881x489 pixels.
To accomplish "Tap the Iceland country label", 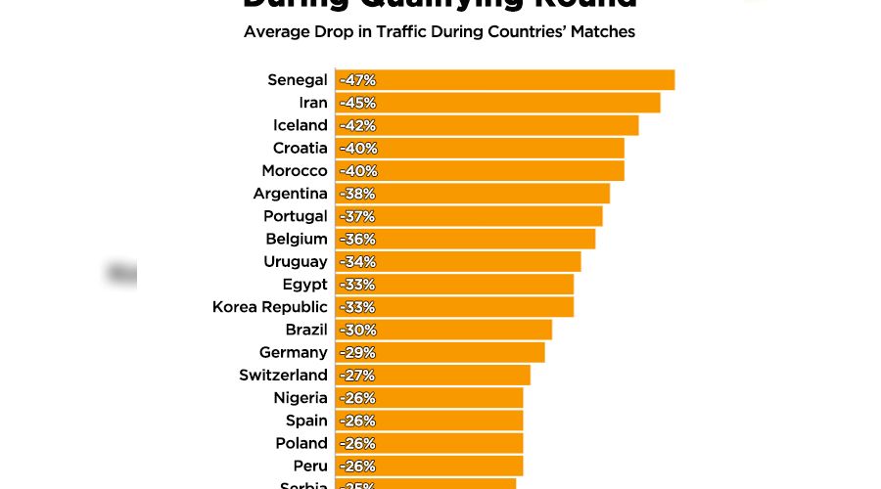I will (x=300, y=125).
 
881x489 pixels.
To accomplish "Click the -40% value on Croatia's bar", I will (x=357, y=149).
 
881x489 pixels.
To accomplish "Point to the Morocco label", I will (x=295, y=171).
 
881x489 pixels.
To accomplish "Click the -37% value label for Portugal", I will (x=357, y=216).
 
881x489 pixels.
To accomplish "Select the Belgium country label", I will (x=296, y=239).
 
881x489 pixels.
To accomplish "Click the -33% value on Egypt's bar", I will (x=357, y=285).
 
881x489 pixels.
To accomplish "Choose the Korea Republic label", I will (x=269, y=307).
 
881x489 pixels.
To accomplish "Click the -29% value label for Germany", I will (x=357, y=352).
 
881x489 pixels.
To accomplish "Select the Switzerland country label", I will (x=283, y=375).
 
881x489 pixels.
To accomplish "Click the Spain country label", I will (x=306, y=421).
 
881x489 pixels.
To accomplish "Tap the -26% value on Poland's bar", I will (x=357, y=443).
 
